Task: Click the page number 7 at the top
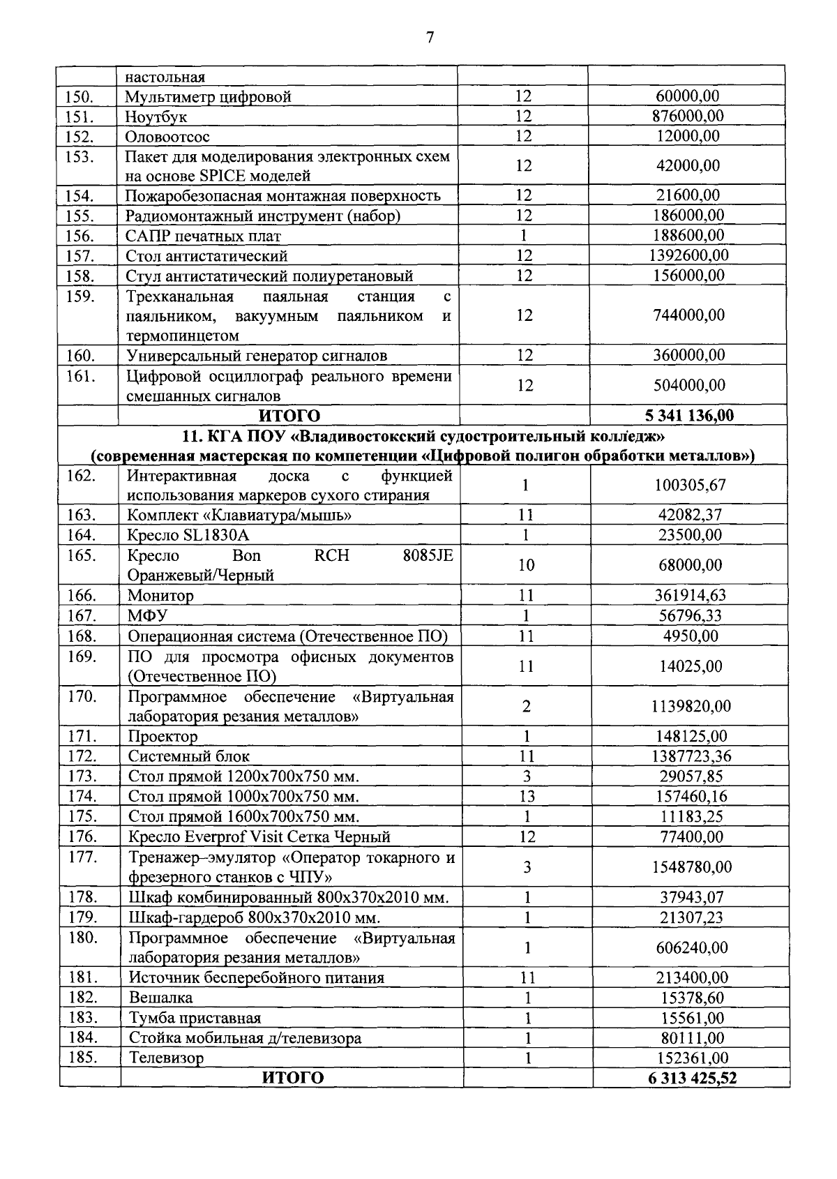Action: tap(429, 38)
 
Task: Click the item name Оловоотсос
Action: tap(167, 136)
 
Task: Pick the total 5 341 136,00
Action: tap(689, 416)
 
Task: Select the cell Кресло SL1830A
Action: tap(188, 535)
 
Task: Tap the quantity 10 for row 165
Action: tap(526, 565)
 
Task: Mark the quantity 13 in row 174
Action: tap(527, 796)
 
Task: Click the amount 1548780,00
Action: tap(691, 867)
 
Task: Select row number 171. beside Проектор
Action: tap(82, 735)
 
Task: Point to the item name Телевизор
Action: tap(166, 1058)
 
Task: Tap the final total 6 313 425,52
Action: tap(692, 1078)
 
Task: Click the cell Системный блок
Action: tap(188, 756)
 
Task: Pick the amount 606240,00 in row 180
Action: tap(691, 947)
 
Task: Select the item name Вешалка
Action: tap(160, 998)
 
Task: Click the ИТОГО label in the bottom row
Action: tap(292, 1078)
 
